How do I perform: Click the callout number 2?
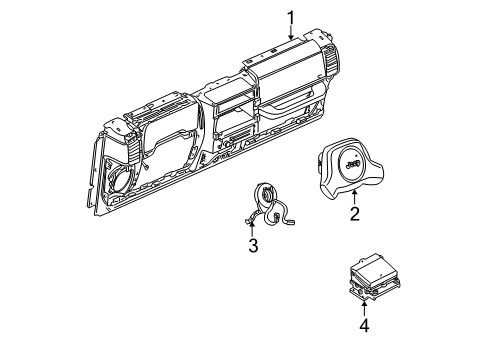[x=354, y=212]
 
